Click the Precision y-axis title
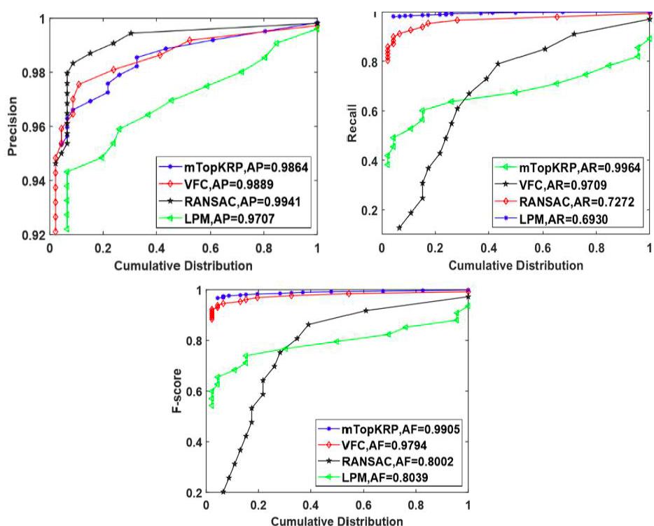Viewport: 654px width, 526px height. [x=12, y=126]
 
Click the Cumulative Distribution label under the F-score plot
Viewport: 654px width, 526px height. [x=337, y=521]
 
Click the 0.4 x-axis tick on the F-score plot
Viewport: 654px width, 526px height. [x=310, y=506]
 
